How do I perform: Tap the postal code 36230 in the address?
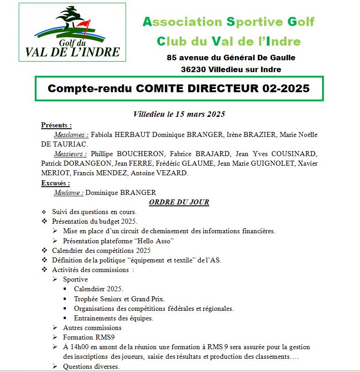point(193,69)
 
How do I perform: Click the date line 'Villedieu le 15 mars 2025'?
point(179,114)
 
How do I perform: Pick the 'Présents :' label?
point(56,125)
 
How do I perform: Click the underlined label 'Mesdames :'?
point(70,135)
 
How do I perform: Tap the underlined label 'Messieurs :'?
point(70,154)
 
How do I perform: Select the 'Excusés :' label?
point(55,183)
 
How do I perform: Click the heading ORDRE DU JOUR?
point(179,202)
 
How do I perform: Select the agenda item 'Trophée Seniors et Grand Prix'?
point(119,299)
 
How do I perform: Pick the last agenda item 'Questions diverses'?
point(91,366)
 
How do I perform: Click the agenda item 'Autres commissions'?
point(92,328)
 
